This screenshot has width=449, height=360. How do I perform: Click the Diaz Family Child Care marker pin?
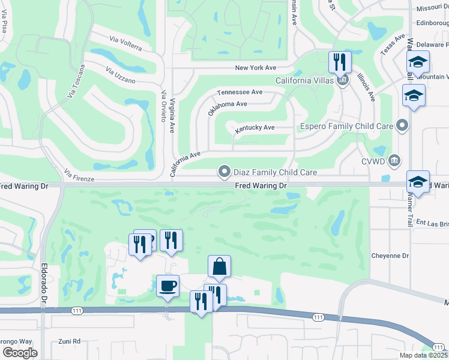(x=224, y=172)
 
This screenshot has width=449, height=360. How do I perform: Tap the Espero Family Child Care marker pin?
(x=402, y=126)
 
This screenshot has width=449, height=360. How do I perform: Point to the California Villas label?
(x=304, y=80)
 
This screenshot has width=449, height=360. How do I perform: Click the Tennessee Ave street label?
(x=240, y=92)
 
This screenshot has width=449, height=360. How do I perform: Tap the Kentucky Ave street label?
(x=255, y=128)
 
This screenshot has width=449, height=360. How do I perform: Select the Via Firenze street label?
(x=79, y=176)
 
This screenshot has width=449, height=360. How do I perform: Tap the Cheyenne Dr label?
(x=389, y=256)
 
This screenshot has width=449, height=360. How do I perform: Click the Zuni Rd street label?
(x=70, y=341)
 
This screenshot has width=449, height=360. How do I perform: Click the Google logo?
(x=20, y=352)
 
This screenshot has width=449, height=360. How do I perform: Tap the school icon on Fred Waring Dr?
(x=418, y=181)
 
